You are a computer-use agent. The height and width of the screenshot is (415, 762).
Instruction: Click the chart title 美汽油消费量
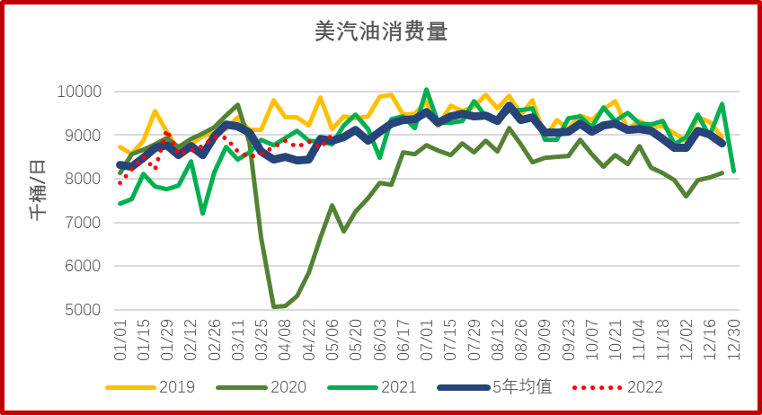pos(381,32)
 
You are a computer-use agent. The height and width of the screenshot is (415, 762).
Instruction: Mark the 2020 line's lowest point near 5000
pos(274,307)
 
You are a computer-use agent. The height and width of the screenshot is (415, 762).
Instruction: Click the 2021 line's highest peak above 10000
pos(427,90)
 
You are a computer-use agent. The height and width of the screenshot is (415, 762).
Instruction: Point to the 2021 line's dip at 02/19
pos(203,213)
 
